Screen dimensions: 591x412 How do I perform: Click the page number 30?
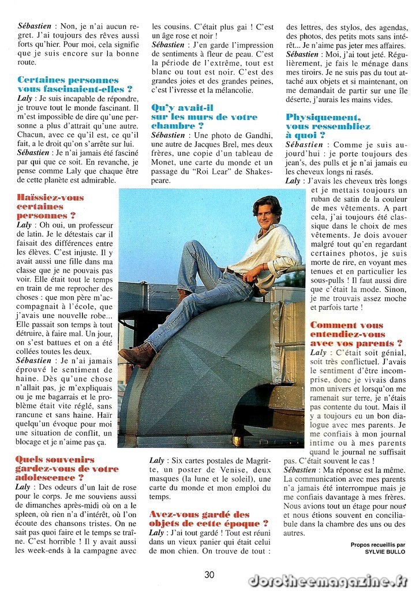[x=209, y=574]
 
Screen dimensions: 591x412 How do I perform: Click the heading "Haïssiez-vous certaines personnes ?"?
[x=50, y=206]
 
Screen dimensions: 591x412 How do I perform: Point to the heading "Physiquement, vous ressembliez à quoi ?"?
[x=328, y=126]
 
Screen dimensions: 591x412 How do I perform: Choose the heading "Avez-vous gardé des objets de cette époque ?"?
[x=200, y=518]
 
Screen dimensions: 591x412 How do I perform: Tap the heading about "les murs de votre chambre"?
[x=204, y=117]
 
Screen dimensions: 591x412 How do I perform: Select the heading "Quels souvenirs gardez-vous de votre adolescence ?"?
[x=68, y=468]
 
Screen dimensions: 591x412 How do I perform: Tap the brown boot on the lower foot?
[x=137, y=354]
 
